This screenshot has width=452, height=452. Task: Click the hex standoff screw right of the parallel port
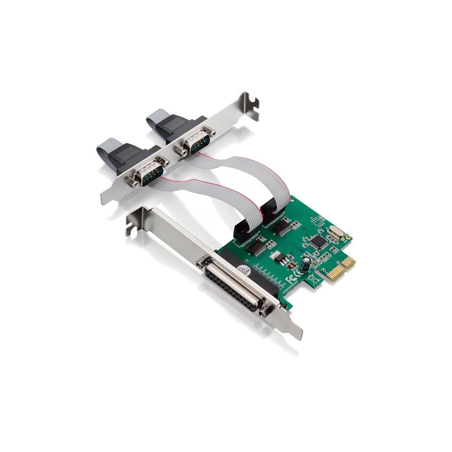(265, 310)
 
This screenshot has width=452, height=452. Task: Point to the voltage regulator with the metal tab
(280, 258)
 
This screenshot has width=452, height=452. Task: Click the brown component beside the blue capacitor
(292, 264)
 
